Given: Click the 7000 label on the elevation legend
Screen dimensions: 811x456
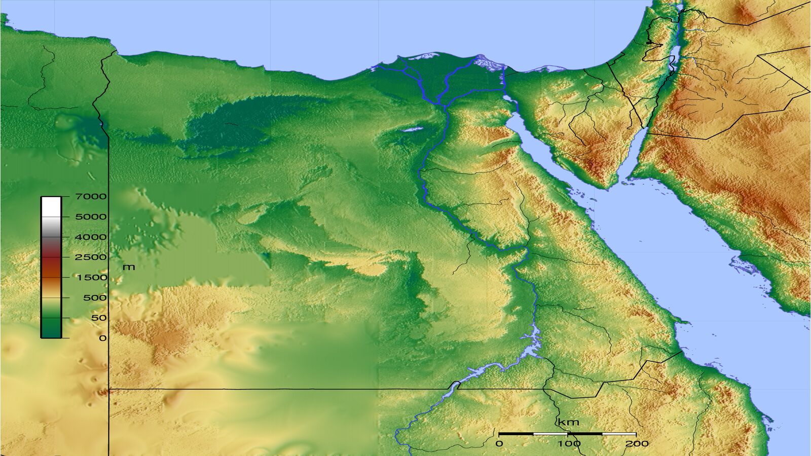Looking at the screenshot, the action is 91,197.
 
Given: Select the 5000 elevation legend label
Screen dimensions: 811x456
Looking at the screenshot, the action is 91,217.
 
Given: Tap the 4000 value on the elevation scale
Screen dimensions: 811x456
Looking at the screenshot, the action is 91,237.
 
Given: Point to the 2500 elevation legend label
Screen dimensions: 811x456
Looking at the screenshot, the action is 91,257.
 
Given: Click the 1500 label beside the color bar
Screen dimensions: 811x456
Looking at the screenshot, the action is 92,278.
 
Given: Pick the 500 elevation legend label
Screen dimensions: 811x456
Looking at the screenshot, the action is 95,298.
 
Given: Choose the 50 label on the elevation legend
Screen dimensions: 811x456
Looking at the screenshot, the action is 99,318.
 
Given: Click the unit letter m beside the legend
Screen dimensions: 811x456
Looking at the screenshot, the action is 129,267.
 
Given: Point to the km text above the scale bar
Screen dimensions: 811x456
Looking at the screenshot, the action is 568,423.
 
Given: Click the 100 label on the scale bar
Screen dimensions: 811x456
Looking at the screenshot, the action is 569,444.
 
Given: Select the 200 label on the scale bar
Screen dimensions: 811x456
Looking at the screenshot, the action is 637,444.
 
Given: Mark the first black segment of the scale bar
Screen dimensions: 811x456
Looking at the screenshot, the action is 516,434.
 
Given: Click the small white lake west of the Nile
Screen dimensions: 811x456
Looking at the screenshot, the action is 412,129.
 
